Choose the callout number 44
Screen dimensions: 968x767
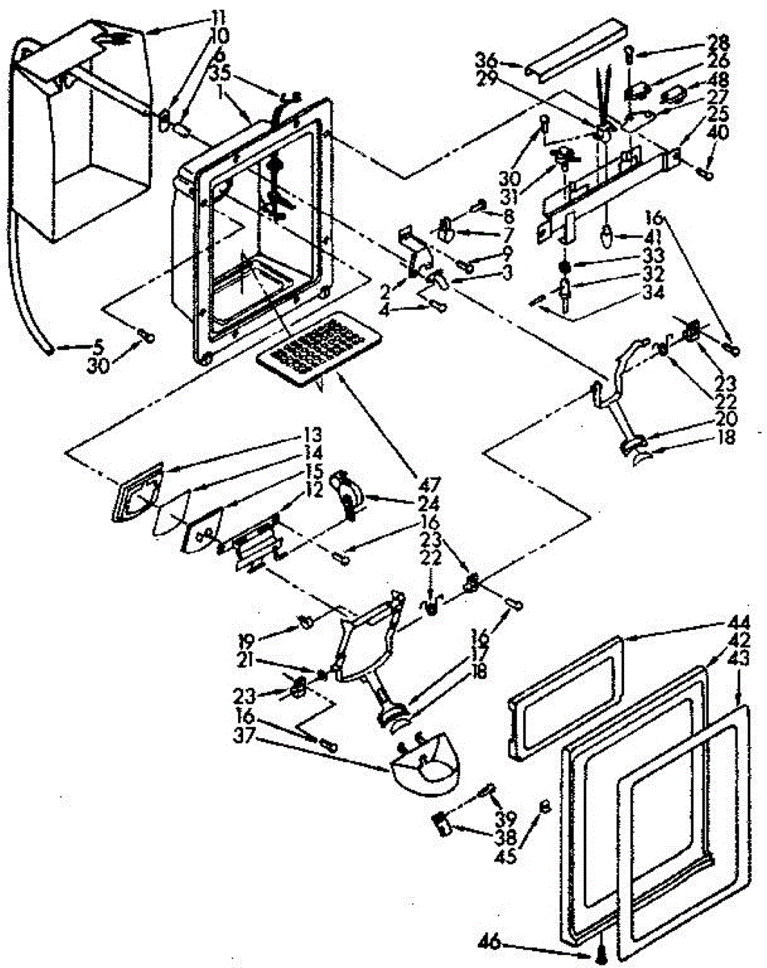(x=740, y=622)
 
